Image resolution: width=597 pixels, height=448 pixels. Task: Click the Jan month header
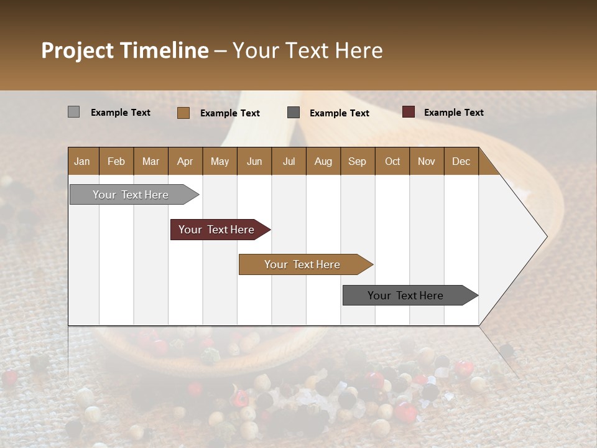coord(83,161)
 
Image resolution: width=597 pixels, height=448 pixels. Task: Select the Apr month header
coord(185,161)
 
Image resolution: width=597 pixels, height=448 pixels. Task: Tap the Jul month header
coord(289,161)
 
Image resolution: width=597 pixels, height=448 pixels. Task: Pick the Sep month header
coord(357,161)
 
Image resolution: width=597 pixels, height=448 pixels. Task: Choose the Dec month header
coord(461,161)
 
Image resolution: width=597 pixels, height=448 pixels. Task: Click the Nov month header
coord(426,161)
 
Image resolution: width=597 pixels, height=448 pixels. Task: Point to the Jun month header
coord(254,161)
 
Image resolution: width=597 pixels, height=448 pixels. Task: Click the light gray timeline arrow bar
coord(131,195)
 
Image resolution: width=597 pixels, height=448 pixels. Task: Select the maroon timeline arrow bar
coord(217,230)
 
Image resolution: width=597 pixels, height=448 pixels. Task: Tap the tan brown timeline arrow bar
coord(303,264)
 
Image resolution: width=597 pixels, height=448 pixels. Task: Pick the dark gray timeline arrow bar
coord(406,296)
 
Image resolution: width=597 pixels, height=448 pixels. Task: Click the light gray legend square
coord(73,112)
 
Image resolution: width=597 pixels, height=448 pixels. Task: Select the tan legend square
coord(183,113)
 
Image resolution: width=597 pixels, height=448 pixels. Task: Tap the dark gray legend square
coord(294,113)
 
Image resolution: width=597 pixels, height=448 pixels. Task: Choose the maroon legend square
coord(408,112)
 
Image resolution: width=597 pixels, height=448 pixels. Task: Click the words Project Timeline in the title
coord(124,50)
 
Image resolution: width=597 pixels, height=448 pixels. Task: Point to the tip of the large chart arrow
coord(545,236)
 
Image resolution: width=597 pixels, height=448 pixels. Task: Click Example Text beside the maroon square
coord(453,112)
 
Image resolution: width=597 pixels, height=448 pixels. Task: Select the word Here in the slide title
coord(359,50)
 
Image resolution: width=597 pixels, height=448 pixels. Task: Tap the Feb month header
coord(116,161)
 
